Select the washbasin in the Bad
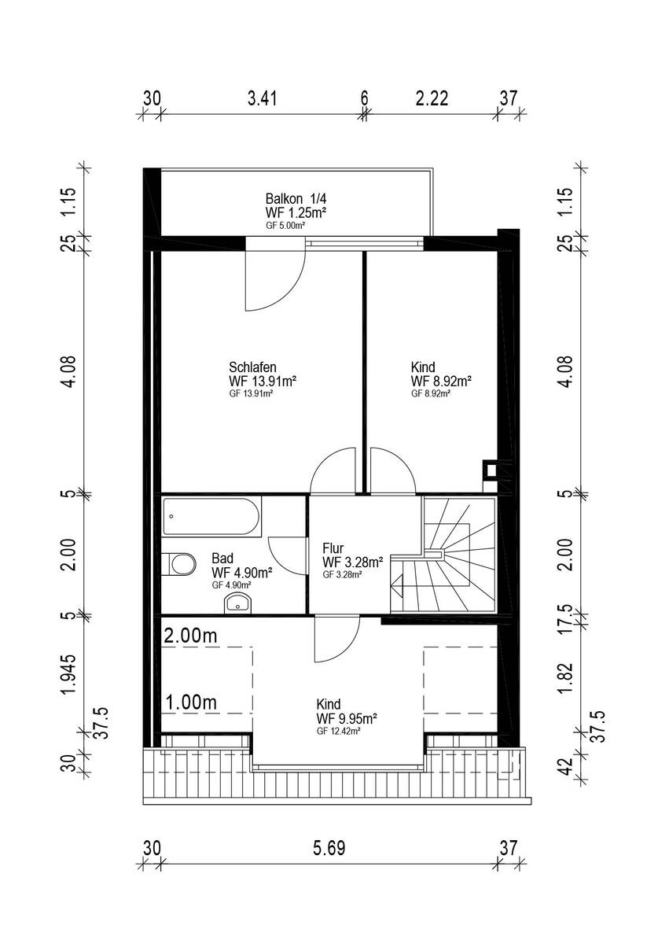238,603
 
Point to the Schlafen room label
252,367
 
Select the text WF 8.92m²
440,382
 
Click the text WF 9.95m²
347,718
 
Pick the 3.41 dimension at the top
262,98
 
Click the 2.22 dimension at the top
432,98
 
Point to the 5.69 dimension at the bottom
329,848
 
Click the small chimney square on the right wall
491,470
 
